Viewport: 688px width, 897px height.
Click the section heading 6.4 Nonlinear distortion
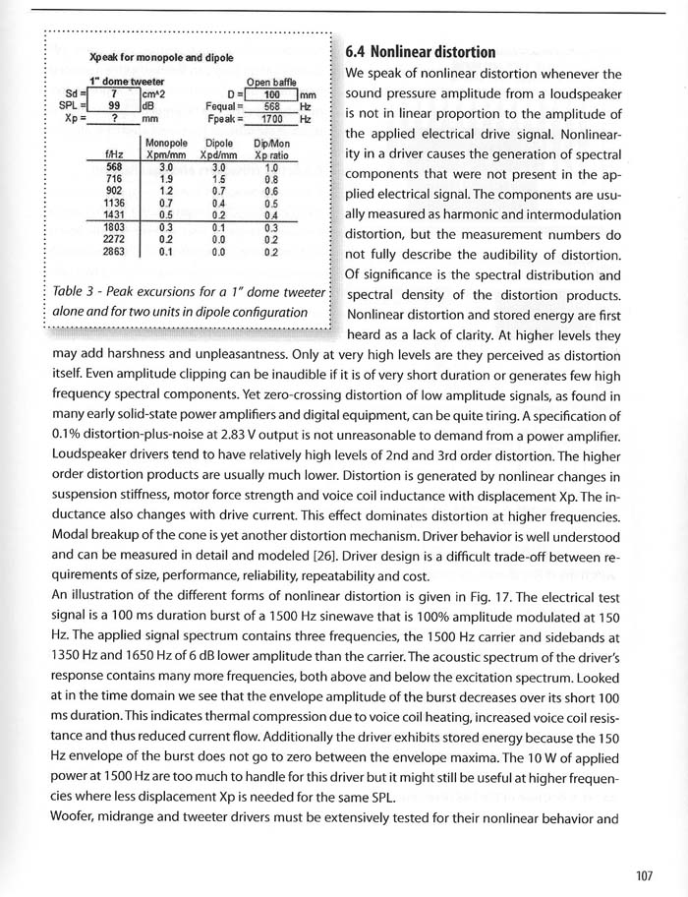429,50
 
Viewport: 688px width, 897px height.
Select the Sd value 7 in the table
114,93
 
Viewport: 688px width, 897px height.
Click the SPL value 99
114,106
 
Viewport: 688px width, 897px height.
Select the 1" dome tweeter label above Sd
127,82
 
